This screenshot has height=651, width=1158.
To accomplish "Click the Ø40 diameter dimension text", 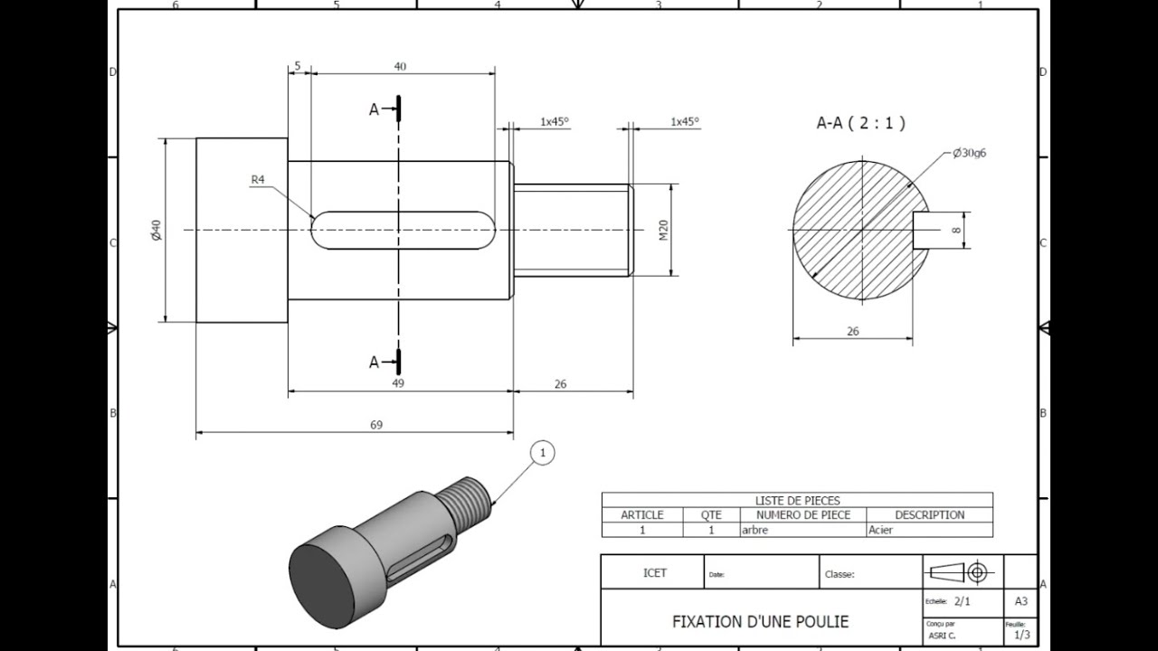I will click(156, 230).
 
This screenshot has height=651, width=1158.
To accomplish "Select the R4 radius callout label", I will click(258, 180).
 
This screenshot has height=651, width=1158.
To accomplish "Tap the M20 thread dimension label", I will click(663, 231).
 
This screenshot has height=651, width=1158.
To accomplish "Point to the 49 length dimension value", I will click(398, 383).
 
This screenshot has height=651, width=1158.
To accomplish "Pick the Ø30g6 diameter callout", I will click(969, 153).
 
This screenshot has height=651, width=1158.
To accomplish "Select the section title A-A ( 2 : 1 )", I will click(860, 123).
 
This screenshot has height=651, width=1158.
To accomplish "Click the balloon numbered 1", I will click(543, 452).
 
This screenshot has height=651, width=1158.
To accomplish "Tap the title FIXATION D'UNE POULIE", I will click(760, 622).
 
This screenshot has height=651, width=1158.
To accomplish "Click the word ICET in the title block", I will click(654, 573).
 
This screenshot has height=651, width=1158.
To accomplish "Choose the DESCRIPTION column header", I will click(929, 515).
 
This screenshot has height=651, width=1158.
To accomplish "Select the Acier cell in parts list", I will click(880, 530).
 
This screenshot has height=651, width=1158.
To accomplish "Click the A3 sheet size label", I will click(1020, 601).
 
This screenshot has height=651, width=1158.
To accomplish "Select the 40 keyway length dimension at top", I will click(400, 66).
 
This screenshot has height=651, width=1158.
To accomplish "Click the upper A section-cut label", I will click(374, 109).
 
